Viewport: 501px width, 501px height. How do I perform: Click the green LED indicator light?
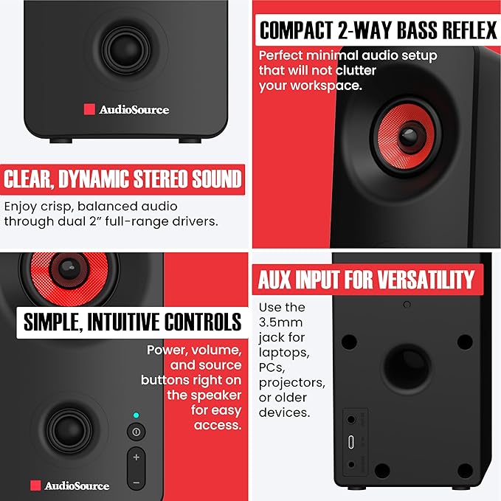136,415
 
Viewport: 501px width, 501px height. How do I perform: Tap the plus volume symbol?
137,457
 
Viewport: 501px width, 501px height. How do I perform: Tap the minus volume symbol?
137,483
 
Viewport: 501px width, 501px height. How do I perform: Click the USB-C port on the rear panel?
350,442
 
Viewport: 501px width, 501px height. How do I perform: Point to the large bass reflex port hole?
407,367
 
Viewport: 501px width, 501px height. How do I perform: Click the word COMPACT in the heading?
296,30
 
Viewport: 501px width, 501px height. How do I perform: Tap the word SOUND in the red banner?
217,179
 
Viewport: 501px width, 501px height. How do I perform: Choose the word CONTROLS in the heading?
203,322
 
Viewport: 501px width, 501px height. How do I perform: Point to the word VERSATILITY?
426,280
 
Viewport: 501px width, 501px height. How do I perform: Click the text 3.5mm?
280,322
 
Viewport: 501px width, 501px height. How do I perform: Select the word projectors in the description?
292,383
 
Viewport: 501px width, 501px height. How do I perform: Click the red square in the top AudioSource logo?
89,109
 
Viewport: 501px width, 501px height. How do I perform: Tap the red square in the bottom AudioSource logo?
35,486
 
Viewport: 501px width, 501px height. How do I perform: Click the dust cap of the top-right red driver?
409,137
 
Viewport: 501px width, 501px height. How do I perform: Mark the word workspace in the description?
326,86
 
